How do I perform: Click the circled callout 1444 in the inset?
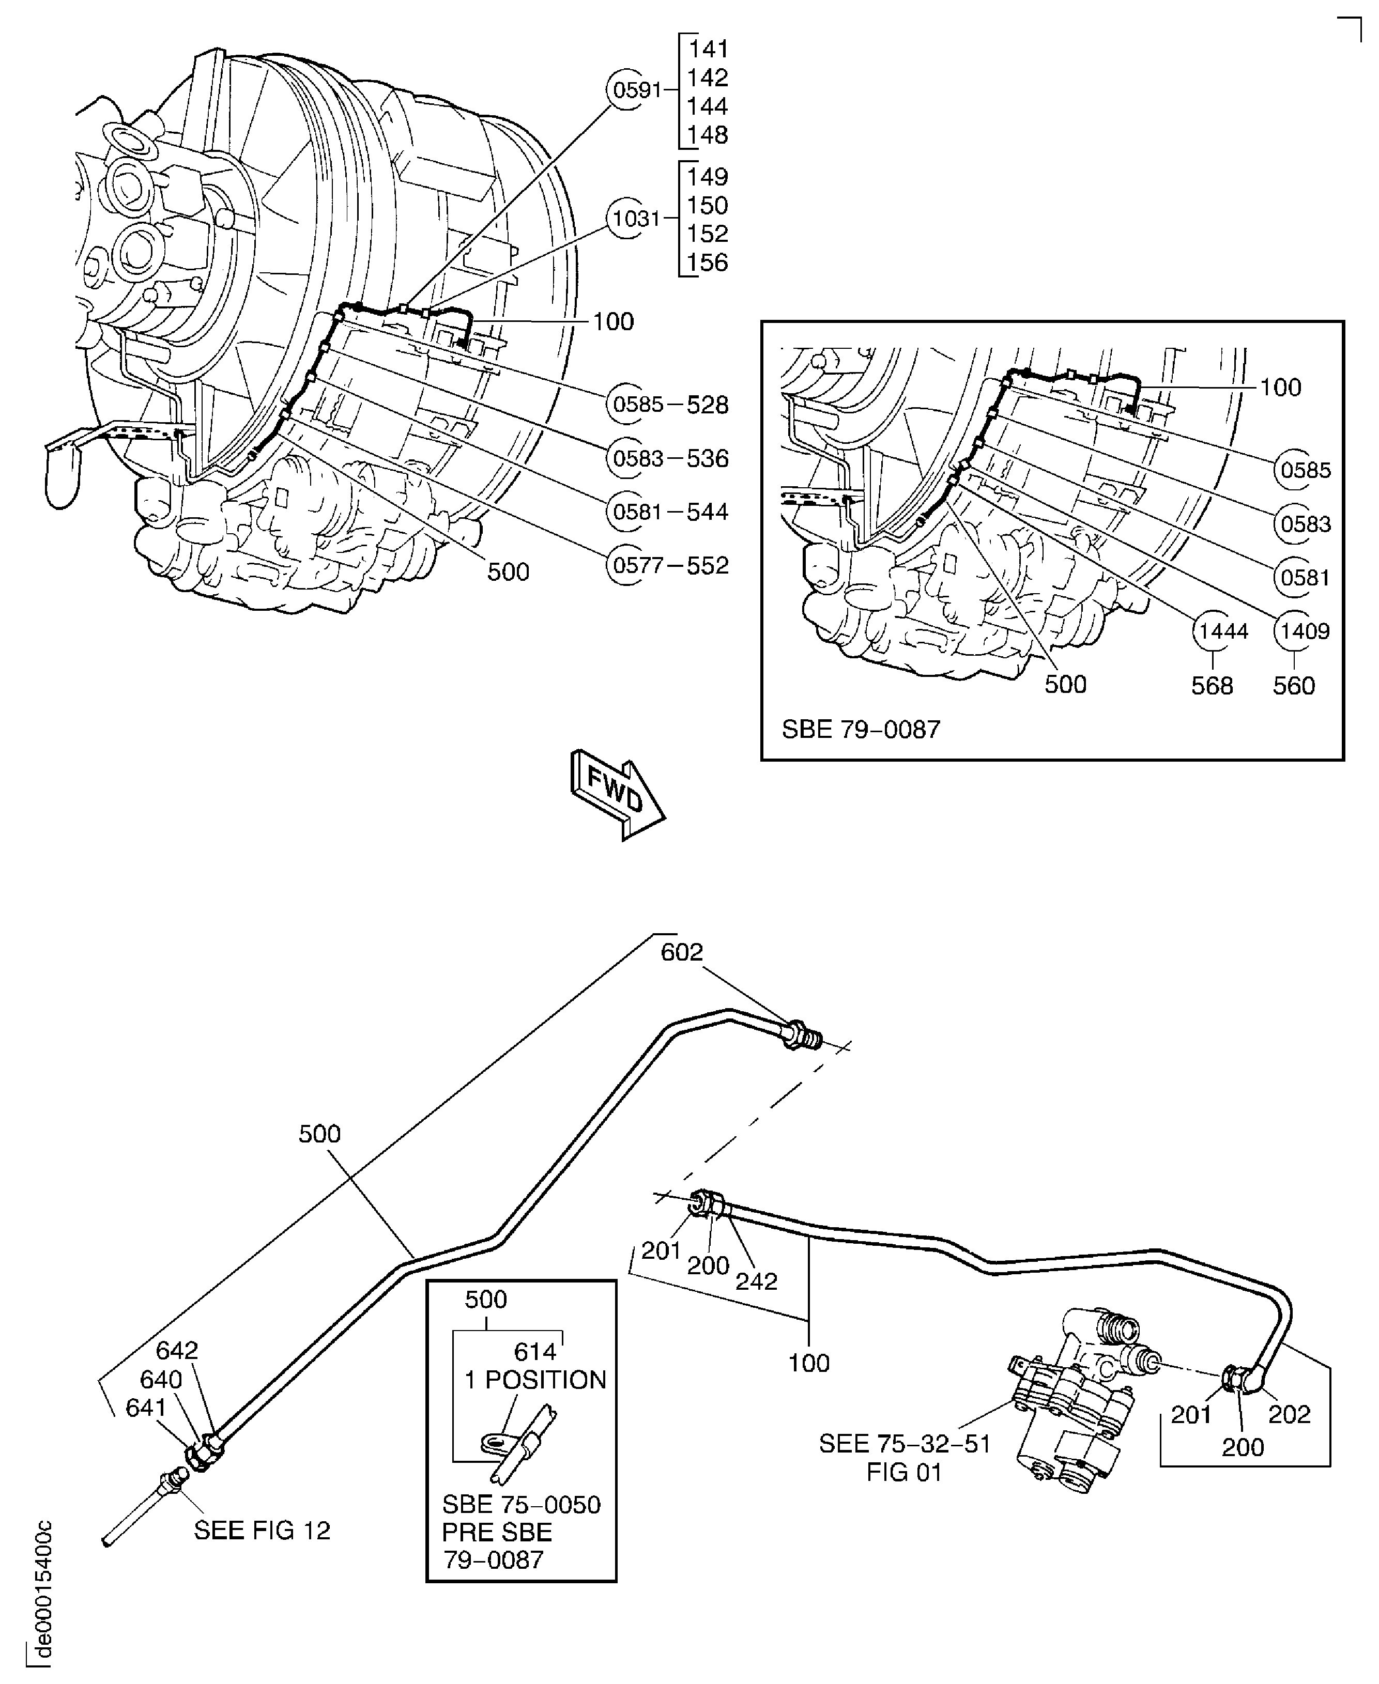click(x=1222, y=631)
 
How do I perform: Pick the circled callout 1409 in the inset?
click(x=1305, y=631)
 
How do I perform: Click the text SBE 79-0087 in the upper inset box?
click(x=860, y=729)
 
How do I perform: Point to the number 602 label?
click(x=682, y=951)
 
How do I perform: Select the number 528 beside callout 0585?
click(x=707, y=405)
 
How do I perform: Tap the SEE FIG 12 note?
click(x=262, y=1530)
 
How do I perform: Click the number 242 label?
click(x=756, y=1280)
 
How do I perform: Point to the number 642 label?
click(x=176, y=1350)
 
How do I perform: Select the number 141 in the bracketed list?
click(x=707, y=49)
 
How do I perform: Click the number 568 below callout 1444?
click(x=1212, y=685)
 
